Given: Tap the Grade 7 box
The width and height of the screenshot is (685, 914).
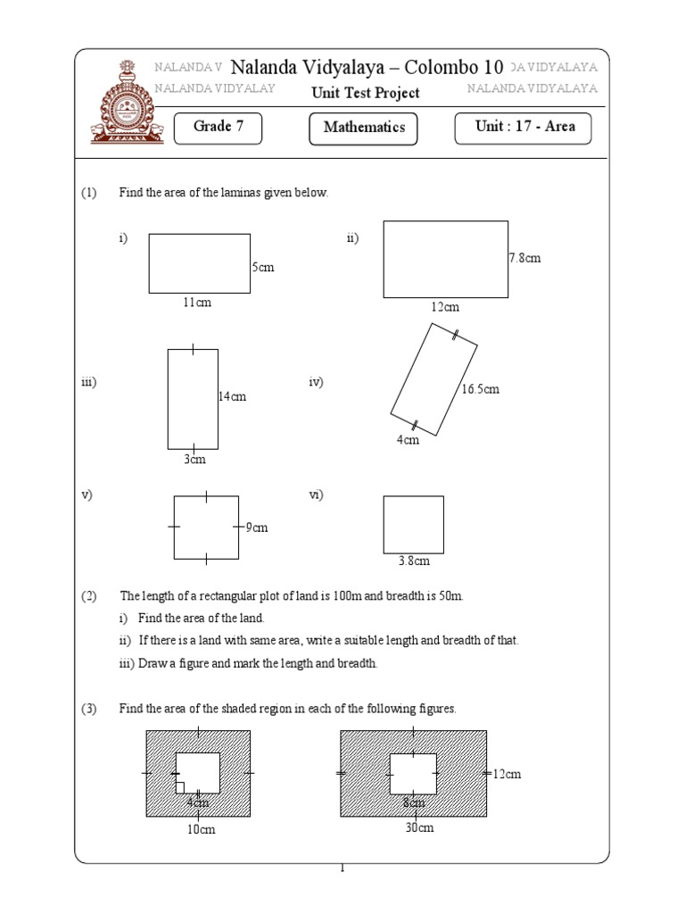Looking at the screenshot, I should tap(219, 127).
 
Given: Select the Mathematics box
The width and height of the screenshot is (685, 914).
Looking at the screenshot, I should tap(364, 128).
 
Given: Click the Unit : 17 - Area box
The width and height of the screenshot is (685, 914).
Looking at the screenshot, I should tap(524, 127).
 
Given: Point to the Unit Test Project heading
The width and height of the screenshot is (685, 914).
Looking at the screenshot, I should tap(365, 93).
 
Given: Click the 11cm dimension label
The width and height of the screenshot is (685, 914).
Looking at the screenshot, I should tap(197, 303).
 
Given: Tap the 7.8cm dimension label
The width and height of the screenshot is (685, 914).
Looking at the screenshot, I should tap(524, 259).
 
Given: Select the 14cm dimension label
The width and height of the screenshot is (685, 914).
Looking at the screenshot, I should tap(232, 396).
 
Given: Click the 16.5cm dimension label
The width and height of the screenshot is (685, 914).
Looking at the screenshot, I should tap(480, 389).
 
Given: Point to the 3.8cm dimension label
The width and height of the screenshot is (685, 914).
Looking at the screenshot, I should tap(414, 561).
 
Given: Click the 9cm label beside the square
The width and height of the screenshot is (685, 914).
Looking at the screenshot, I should tap(257, 528).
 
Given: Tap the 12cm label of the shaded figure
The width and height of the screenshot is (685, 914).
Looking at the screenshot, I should tap(507, 774).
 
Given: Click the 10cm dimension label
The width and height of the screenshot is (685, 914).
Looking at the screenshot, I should tap(201, 829).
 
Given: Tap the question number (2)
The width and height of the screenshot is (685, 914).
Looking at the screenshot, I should tap(89, 595).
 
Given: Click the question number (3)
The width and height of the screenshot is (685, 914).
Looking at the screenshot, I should tap(89, 709).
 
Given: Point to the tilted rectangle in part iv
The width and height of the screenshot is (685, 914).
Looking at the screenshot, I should tap(433, 379).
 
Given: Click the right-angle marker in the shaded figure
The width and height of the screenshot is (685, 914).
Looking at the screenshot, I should tap(180, 787).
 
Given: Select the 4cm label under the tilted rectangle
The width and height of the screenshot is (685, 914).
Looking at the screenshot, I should tap(408, 441).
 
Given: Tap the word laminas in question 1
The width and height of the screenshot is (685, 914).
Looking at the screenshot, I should tap(232, 193).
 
